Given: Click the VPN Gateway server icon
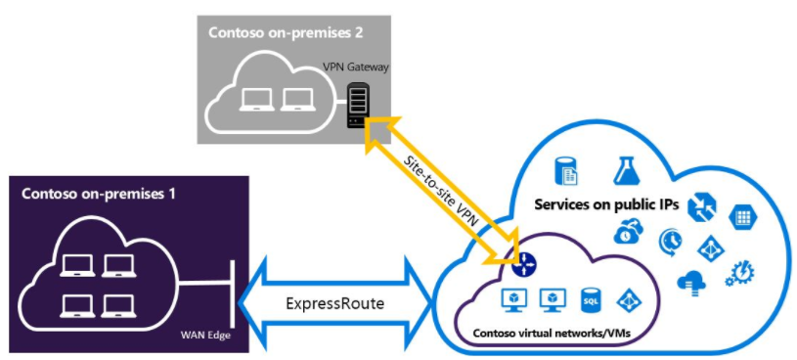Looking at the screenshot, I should (358, 106).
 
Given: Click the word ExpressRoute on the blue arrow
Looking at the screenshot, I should (336, 303).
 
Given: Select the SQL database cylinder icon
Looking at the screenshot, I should (590, 297).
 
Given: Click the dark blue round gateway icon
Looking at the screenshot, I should (521, 260).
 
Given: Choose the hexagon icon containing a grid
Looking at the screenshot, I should (743, 215).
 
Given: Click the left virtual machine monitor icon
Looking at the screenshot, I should (511, 297).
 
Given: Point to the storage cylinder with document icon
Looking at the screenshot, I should (568, 171).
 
